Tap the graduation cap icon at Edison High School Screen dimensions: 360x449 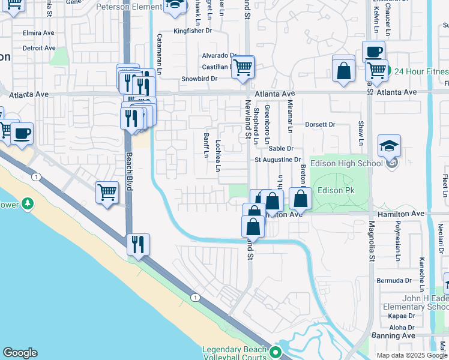coord(390,146)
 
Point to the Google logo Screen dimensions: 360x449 coord(20,353)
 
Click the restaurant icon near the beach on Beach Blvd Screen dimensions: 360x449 coord(138,244)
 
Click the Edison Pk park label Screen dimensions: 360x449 coord(337,191)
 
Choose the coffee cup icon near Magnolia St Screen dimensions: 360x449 coord(373,52)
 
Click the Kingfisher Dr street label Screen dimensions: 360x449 coord(193,30)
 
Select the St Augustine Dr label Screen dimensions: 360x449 coord(277,160)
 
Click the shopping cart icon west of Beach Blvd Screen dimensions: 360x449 coord(107,193)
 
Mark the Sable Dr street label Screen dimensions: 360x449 coord(281,148)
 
